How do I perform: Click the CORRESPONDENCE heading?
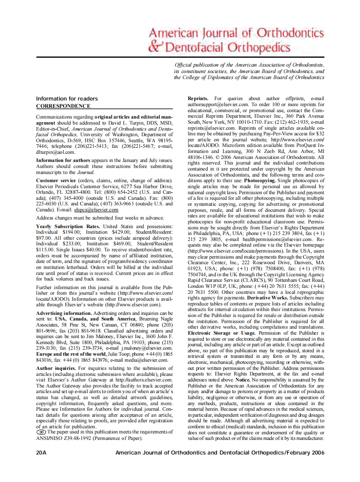[x=63, y=106]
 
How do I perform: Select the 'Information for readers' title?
[x=67, y=99]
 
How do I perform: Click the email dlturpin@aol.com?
[x=55, y=152]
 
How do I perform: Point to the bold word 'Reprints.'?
[x=198, y=99]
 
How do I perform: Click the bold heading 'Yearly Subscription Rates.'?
[x=68, y=226]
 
